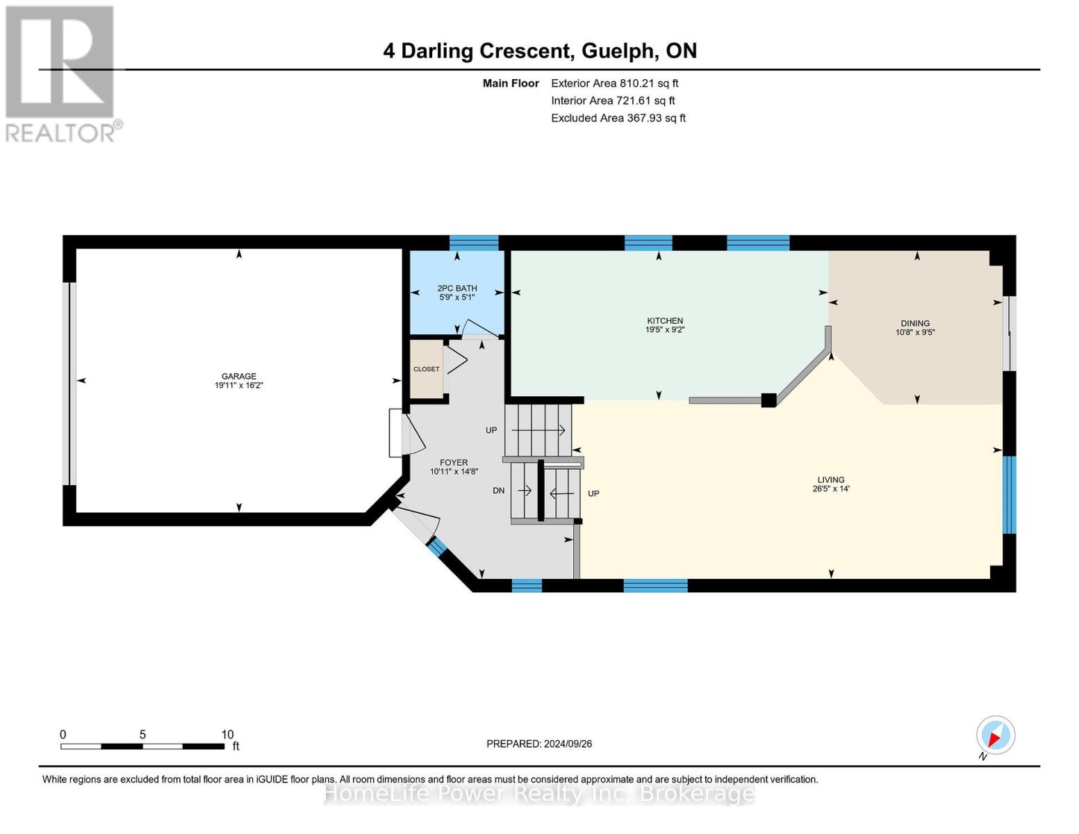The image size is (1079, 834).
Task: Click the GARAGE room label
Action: click(238, 376)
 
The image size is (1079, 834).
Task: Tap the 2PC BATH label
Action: click(456, 288)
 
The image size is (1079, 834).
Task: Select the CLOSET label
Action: click(426, 369)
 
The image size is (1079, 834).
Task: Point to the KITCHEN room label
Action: click(665, 320)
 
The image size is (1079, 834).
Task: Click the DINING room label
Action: click(915, 323)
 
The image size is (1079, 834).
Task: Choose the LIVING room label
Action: click(831, 480)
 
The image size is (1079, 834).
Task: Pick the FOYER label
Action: click(454, 462)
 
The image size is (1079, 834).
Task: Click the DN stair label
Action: click(498, 491)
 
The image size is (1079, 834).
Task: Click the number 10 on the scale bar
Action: click(227, 735)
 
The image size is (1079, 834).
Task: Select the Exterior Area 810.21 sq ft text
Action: click(614, 83)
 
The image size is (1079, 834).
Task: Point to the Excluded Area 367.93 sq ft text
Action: click(618, 118)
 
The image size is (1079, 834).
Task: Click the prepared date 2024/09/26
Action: click(568, 744)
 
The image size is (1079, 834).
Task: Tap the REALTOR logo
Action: click(61, 73)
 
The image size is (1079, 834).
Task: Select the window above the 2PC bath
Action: click(474, 243)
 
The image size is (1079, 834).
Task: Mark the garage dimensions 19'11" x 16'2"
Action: click(238, 385)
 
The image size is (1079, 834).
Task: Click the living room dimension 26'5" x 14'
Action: click(831, 489)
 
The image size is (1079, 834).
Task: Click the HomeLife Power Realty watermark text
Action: click(539, 793)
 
